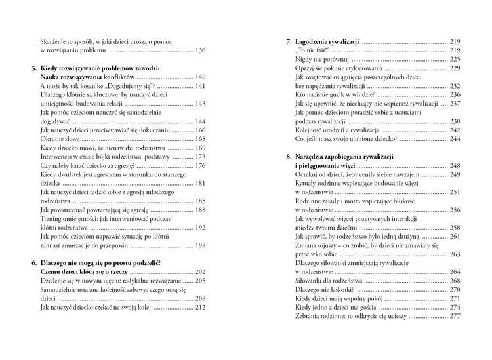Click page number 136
point(200,50)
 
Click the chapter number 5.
point(33,68)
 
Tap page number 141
point(200,87)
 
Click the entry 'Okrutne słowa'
point(60,140)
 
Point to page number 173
point(200,157)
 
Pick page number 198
point(200,245)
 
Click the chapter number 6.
point(33,263)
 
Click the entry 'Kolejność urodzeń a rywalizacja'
point(343,130)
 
